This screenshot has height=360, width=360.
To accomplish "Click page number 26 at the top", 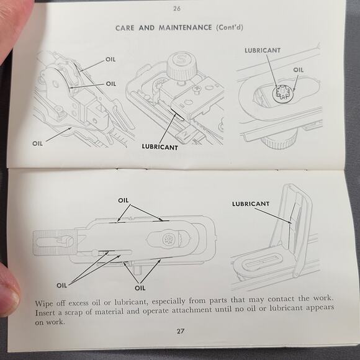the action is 177,9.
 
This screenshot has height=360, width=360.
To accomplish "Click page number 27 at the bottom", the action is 181,331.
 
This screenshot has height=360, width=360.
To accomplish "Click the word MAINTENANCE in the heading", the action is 186,27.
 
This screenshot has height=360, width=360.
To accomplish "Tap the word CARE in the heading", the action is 125,28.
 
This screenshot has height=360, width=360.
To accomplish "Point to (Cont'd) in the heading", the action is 230,27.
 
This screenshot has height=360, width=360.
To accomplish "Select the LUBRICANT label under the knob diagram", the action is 160,147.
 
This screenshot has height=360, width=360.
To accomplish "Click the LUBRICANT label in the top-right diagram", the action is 263,50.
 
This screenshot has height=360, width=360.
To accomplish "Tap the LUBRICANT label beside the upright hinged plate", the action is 251,204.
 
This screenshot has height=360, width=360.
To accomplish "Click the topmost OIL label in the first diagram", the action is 110,60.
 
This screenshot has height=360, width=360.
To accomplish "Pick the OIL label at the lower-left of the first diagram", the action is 37,143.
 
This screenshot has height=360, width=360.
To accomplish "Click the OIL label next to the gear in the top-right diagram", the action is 298,70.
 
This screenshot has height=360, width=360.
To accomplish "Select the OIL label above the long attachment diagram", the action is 124,200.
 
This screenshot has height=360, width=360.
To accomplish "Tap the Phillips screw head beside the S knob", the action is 197,89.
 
